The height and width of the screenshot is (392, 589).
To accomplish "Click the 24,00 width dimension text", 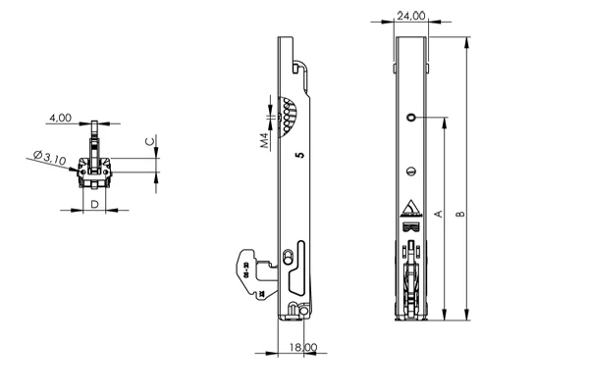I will pos(410,17).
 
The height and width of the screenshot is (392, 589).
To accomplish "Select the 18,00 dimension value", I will pos(303,347).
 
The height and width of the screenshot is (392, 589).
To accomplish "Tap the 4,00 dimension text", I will pos(59,118).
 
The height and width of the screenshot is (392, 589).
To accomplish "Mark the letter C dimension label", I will pos(149,141).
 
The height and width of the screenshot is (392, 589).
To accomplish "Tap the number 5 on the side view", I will pos(297,154).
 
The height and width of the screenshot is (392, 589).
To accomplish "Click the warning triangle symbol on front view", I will pos(410,209).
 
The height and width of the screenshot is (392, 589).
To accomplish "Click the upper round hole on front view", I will pos(410,118).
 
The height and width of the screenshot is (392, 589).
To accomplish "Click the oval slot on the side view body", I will pos(287,257).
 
